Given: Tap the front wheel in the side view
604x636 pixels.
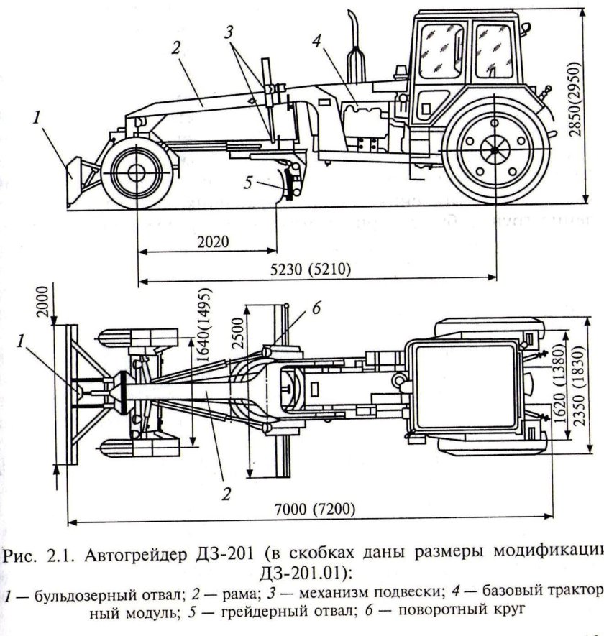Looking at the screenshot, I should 135,173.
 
